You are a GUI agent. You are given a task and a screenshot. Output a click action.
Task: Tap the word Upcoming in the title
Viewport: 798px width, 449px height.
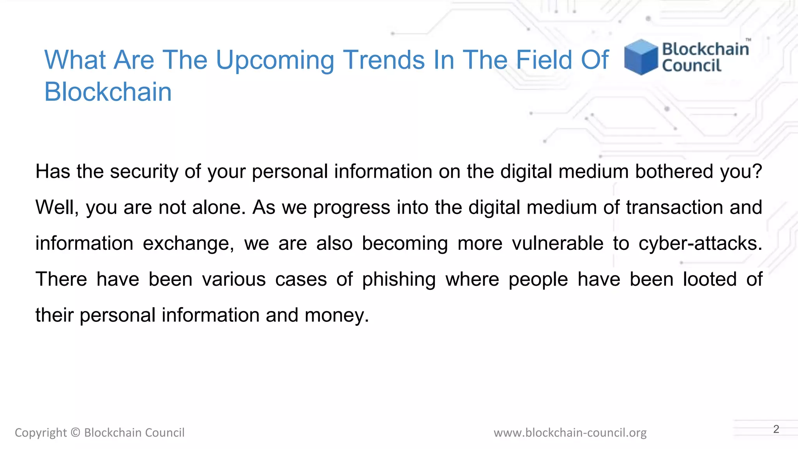coord(275,60)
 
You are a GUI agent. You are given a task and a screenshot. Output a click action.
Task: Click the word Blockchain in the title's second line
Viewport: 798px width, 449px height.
coord(108,92)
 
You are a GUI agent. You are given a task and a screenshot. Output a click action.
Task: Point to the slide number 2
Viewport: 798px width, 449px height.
coord(776,429)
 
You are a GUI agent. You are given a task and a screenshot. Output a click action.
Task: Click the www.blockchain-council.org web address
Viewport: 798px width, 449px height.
coord(570,433)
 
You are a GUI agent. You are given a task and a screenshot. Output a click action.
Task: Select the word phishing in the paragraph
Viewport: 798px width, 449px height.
coord(399,279)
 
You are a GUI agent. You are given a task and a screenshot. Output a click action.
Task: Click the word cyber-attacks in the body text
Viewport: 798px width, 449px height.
coord(700,244)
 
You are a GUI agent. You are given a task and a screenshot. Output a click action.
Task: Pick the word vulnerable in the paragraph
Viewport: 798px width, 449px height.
coord(557,244)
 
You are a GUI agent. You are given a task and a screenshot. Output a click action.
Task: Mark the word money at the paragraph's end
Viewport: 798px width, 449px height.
coord(336,315)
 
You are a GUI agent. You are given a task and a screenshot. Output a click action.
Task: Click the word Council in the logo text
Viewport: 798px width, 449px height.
coord(692,65)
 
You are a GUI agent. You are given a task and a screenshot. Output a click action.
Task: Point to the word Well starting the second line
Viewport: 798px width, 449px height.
coord(56,207)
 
